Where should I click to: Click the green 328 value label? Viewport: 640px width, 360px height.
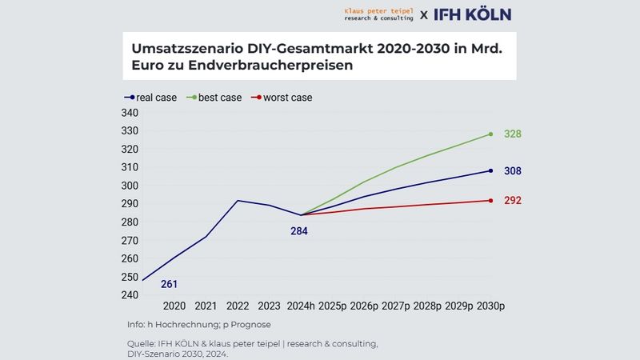point(513,134)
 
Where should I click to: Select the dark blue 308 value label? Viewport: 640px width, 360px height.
point(513,171)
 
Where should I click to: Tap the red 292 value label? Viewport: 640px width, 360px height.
point(513,201)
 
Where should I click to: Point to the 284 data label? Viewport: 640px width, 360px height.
point(298,231)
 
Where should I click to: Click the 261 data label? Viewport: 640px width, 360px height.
point(169,284)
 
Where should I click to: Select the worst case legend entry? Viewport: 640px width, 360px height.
point(282,98)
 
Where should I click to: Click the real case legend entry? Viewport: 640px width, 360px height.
point(151,98)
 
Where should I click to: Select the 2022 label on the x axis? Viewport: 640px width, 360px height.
point(237,306)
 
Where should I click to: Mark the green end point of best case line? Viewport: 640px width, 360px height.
point(490,134)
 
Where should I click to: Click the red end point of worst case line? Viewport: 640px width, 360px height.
point(490,200)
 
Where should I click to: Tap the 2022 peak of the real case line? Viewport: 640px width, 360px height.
point(237,201)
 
